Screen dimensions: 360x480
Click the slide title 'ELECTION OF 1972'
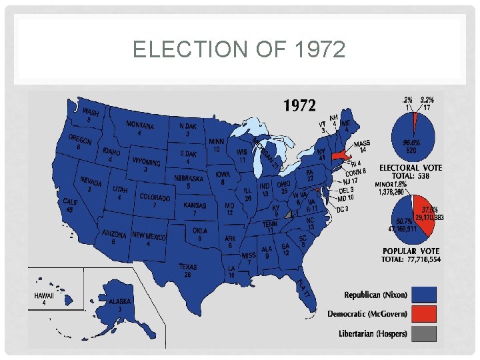[x=239, y=49]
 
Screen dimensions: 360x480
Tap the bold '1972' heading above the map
[x=300, y=105]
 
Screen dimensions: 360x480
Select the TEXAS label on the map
[x=188, y=267]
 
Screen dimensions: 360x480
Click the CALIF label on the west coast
[x=71, y=201]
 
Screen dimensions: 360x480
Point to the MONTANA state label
[x=140, y=126]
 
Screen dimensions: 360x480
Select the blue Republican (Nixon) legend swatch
[x=419, y=295]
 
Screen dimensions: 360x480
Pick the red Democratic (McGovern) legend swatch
[x=419, y=314]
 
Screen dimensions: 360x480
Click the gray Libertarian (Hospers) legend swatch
[x=419, y=333]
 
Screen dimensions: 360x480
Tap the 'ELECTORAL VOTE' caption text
[x=409, y=168]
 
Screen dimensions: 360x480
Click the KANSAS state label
[x=195, y=206]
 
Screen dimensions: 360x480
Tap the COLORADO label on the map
[x=155, y=198]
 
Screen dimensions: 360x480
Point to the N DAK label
[x=187, y=126]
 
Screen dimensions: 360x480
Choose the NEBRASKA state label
[x=189, y=179]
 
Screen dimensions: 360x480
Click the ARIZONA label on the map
[x=114, y=235]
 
